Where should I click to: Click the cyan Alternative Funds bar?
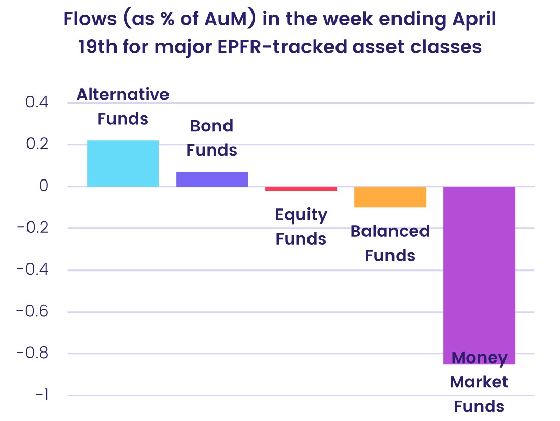[x=123, y=163]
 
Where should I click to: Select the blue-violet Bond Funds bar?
[x=212, y=179]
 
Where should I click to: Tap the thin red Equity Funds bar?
[x=301, y=189]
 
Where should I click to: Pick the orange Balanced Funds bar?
[x=390, y=197]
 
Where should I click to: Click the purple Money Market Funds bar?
[x=479, y=275]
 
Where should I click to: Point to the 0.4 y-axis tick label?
[x=37, y=102]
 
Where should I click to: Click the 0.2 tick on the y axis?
[x=37, y=144]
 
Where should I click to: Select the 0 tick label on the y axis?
[x=44, y=186]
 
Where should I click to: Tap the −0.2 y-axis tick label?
[x=33, y=228]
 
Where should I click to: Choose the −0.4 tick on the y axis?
[x=33, y=269]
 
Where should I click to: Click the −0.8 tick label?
[x=33, y=353]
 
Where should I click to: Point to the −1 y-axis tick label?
[x=42, y=395]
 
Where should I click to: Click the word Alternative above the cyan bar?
[x=123, y=95]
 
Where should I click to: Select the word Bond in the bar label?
[x=212, y=126]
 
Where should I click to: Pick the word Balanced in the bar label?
[x=390, y=231]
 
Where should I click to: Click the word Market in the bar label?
[x=479, y=382]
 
